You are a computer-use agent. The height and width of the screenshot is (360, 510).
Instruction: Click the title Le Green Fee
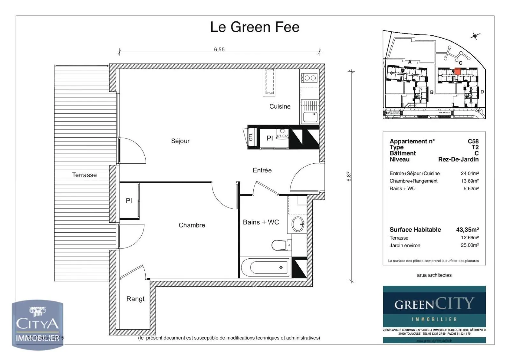point(255,27)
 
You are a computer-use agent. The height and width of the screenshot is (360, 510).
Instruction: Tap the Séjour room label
point(180,141)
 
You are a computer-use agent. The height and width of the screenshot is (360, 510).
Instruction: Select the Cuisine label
point(280,106)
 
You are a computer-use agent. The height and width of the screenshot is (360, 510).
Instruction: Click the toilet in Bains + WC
point(280,245)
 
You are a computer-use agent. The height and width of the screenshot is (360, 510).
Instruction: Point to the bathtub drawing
point(266,268)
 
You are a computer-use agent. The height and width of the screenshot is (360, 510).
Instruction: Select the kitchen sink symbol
point(310,117)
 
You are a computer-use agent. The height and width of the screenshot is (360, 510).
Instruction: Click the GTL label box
point(251,137)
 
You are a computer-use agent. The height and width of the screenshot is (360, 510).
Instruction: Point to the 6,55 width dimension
point(219,49)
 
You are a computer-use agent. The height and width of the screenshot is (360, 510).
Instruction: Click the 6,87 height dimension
point(349,176)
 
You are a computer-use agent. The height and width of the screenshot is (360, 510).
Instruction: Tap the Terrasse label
point(84,175)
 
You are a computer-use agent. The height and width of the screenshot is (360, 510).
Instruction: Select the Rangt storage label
point(135,299)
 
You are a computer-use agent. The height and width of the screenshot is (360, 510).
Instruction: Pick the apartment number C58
point(473,141)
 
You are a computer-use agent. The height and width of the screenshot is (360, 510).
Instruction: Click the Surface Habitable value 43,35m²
point(467,229)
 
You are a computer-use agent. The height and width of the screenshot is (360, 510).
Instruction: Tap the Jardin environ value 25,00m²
point(470,245)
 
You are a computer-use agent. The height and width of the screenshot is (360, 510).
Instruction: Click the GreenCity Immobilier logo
point(434,309)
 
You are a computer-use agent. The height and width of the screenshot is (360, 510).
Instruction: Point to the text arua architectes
point(434,275)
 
